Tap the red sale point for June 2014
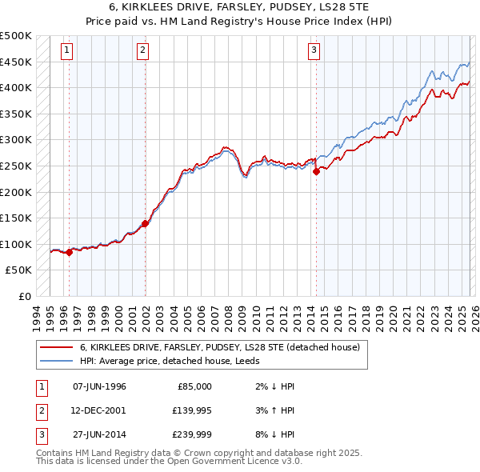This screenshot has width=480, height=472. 316,170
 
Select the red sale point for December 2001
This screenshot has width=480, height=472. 145,223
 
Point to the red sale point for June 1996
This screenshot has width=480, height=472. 69,252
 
